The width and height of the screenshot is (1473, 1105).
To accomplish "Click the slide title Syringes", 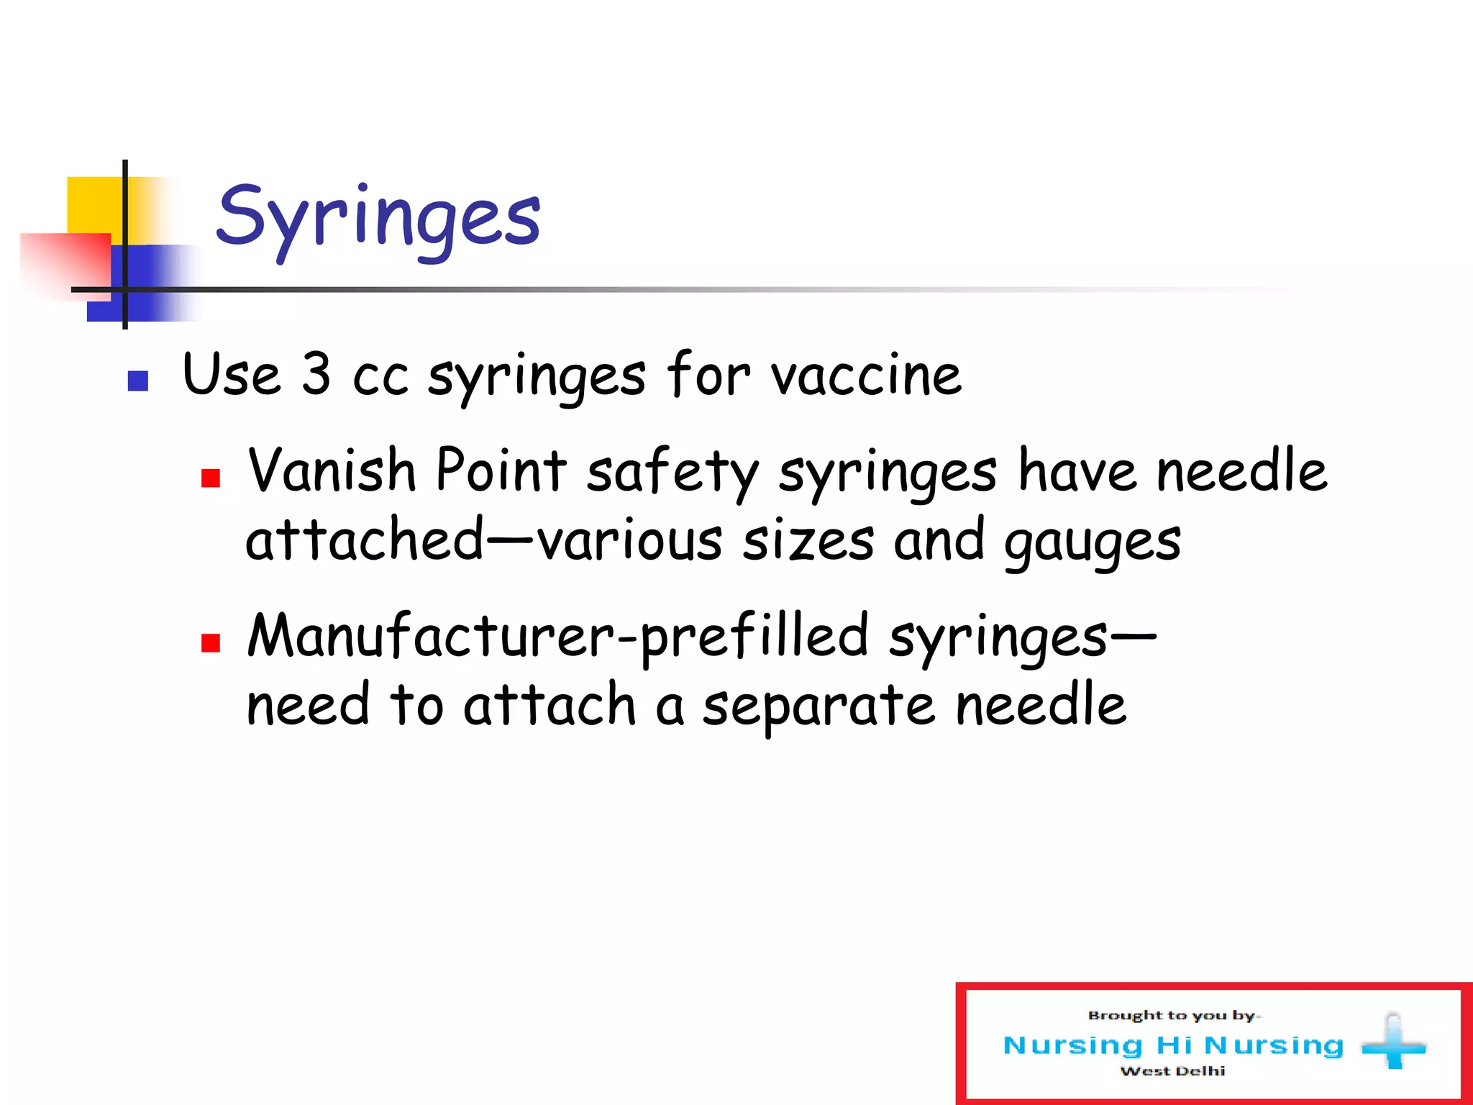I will click(378, 217).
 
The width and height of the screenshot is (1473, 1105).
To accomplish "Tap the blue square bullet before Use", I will click(137, 381).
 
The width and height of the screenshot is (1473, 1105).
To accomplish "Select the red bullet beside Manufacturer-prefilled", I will click(211, 642).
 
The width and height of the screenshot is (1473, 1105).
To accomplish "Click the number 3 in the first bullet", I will click(316, 374).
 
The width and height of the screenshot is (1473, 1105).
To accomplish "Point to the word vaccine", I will click(866, 376).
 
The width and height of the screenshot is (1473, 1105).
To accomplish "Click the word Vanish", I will click(332, 470).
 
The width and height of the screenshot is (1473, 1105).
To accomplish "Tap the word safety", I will click(672, 472).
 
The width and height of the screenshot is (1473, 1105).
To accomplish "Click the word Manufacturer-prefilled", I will click(557, 636).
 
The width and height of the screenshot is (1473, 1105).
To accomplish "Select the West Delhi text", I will click(1172, 1071).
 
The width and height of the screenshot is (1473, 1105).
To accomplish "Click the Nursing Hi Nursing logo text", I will click(1173, 1045).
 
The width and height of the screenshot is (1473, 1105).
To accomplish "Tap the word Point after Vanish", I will click(501, 470).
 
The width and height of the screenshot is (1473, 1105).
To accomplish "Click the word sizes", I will click(808, 541).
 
